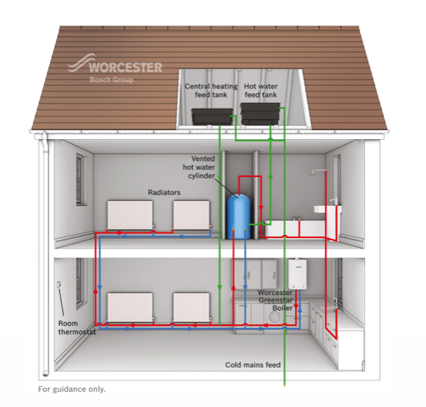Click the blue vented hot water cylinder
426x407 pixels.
pos(238,216)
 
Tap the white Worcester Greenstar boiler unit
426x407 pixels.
pos(297,274)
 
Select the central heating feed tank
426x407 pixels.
pos(212,117)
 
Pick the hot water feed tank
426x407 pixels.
pos(260,113)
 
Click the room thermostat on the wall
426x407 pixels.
pos(59,285)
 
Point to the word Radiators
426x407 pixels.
pos(164,192)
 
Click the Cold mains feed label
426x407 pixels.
pos(252,365)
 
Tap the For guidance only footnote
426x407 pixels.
pos(72,389)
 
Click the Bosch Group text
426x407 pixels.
pos(112,80)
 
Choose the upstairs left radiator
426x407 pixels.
pos(130,215)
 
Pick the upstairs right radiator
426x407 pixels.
pos(192,215)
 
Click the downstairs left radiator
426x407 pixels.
pos(130,307)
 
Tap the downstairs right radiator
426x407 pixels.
pos(192,307)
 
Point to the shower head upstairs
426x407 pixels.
pos(315,172)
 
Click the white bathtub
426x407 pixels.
pos(295,228)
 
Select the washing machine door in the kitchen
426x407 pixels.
pos(275,317)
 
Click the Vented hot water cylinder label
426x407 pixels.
pos(199,167)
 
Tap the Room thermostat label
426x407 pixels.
pos(77,327)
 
